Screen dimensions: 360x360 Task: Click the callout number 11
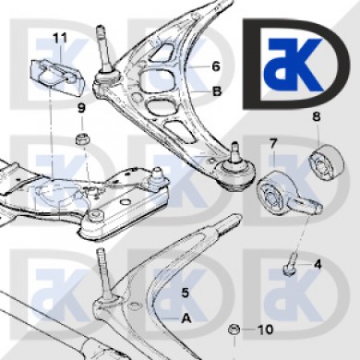(x=60, y=38)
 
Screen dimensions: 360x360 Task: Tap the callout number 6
(x=216, y=66)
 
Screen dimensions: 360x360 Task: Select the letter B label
(x=217, y=91)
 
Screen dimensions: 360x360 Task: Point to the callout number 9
(x=81, y=108)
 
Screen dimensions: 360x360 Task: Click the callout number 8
(x=317, y=116)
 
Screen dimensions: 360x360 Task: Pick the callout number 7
(x=273, y=143)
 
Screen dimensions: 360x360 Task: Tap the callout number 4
(x=318, y=264)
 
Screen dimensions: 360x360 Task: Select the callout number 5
(x=185, y=293)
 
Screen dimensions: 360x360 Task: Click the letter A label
(x=186, y=318)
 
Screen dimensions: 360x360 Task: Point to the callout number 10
(x=265, y=330)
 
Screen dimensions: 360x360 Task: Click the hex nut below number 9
(x=82, y=138)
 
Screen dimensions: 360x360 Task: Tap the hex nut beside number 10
(x=234, y=330)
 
